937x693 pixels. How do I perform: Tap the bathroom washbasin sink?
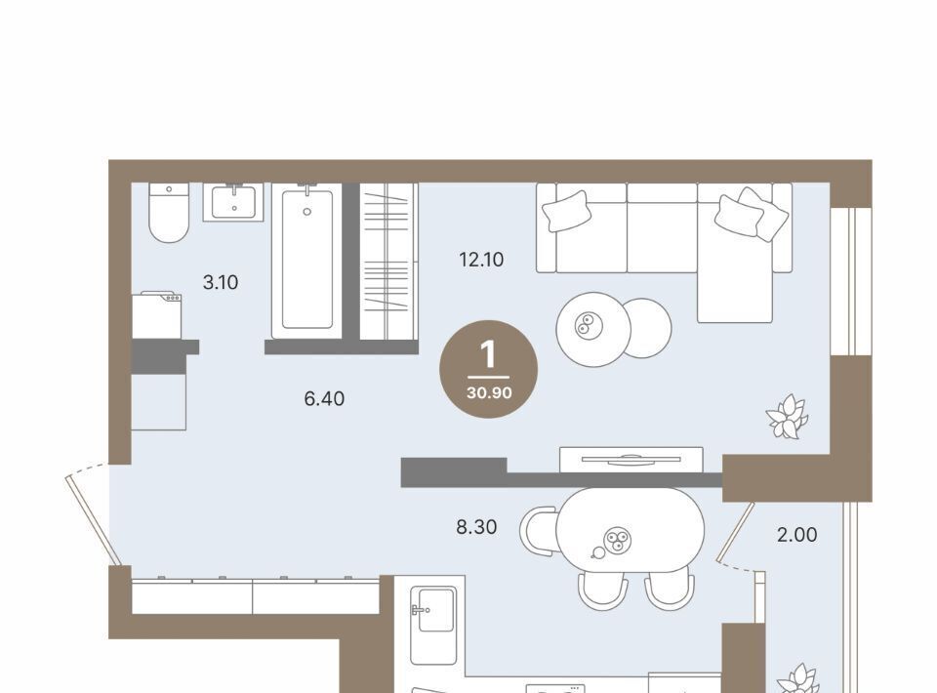click(233, 202)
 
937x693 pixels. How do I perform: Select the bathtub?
click(307, 261)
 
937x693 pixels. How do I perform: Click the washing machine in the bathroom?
click(156, 315)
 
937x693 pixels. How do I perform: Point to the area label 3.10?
click(221, 282)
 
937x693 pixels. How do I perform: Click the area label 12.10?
click(481, 260)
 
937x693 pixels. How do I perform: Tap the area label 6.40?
click(324, 398)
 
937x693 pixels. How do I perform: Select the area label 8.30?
click(476, 527)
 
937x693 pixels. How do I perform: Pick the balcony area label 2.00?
click(796, 535)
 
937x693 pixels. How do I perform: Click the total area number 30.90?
click(489, 393)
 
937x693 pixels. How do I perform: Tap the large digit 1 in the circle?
click(488, 355)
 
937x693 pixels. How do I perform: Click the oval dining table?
click(630, 530)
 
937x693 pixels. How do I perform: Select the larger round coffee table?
click(593, 329)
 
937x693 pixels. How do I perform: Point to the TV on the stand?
click(631, 460)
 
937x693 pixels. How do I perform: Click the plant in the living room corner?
click(787, 417)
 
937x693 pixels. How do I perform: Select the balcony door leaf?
click(734, 532)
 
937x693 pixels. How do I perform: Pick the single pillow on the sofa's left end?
click(566, 211)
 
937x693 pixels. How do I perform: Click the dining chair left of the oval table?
click(538, 531)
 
